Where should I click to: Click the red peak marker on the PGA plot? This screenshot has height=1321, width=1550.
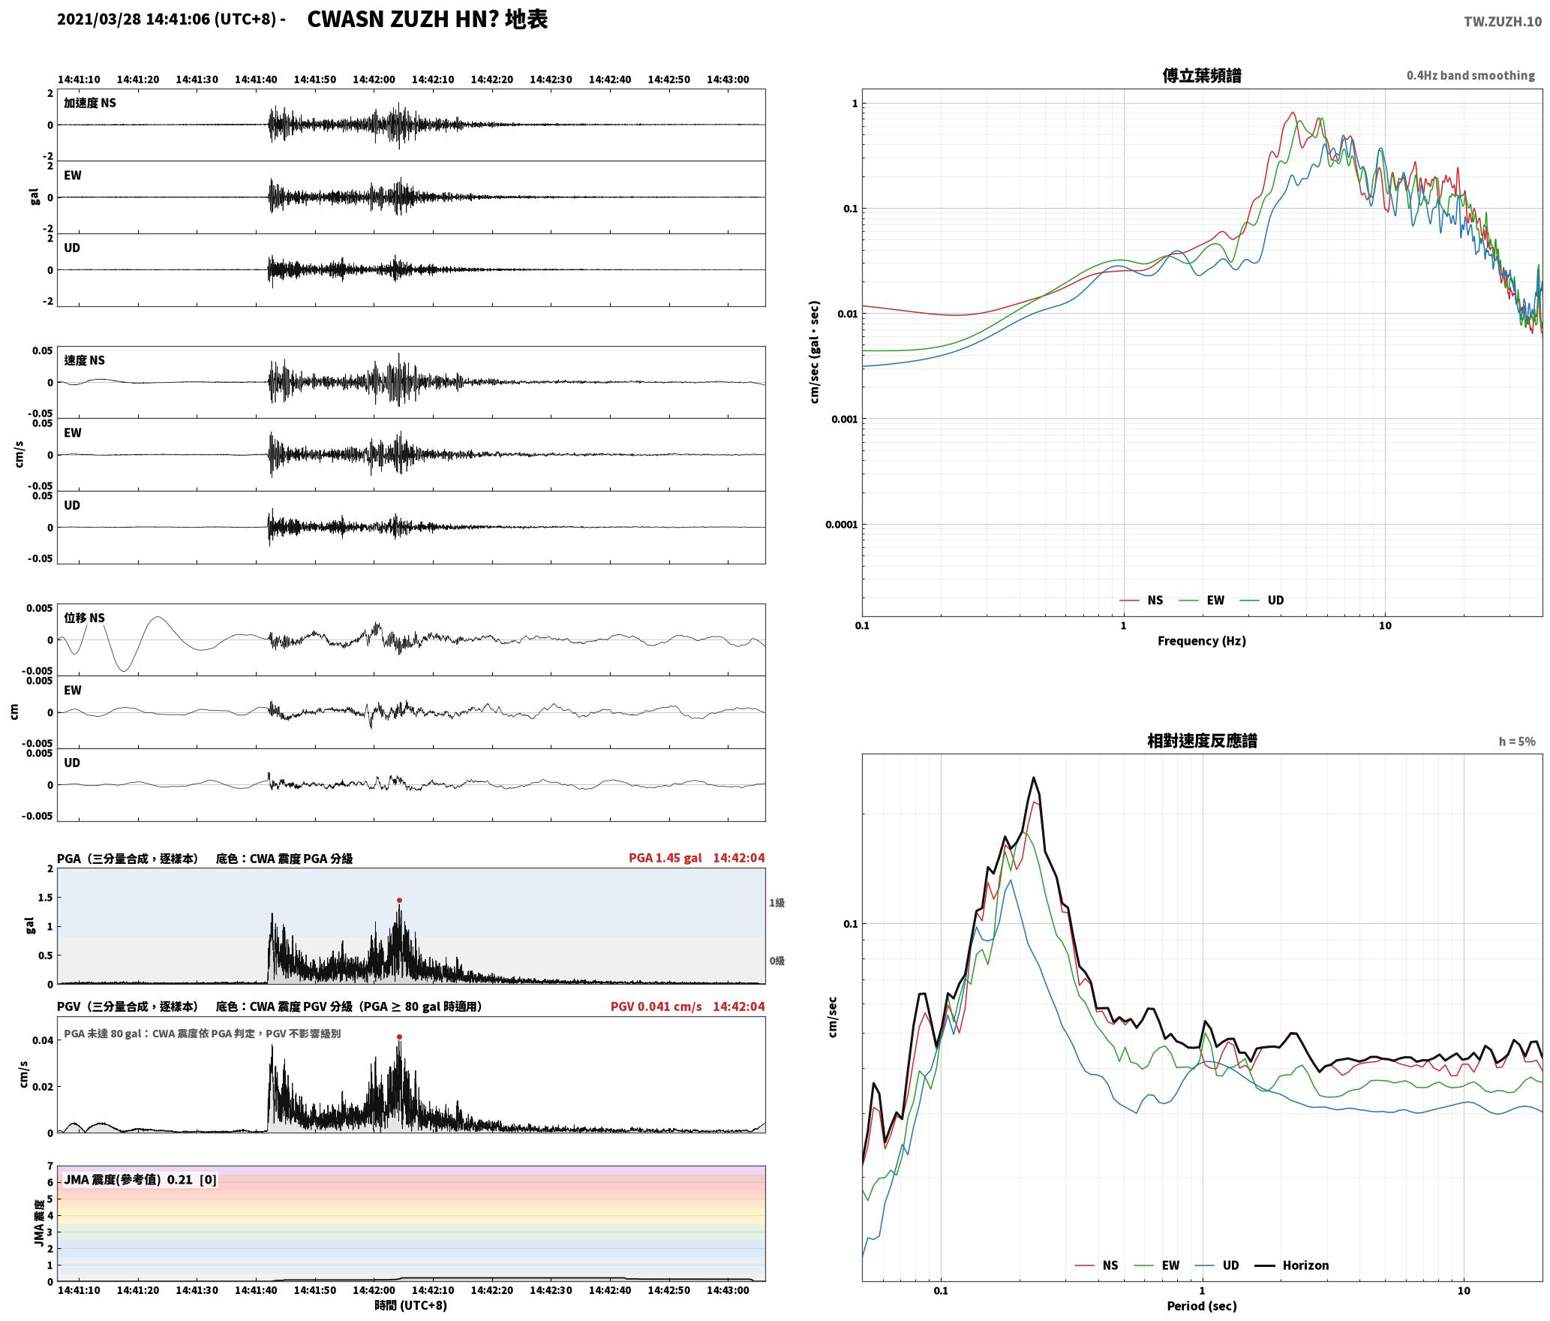coord(399,900)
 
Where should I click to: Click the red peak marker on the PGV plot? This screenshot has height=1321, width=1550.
coord(399,1037)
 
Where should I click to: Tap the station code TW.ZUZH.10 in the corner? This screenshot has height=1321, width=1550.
coord(1503,21)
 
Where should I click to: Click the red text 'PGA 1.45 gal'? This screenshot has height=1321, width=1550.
coord(665,858)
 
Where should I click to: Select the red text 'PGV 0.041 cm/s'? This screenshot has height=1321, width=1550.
coord(656,1007)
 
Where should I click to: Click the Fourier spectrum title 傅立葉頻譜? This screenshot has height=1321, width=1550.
coord(1202,75)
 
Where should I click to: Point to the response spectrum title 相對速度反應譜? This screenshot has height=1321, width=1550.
coord(1202,741)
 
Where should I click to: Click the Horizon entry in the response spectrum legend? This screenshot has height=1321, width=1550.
coord(1292,1265)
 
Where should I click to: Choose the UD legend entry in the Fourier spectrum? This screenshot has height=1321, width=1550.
coord(1262,600)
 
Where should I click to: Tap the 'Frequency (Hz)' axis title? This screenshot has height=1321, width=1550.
coord(1202,640)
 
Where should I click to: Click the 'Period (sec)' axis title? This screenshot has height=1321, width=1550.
coord(1202,1306)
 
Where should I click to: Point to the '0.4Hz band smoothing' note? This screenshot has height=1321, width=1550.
coord(1470,75)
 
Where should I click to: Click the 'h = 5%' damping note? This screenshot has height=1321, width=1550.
coord(1517,742)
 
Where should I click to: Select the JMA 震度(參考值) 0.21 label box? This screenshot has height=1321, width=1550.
coord(140,1180)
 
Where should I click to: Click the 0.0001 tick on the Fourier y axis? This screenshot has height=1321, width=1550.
coord(841,524)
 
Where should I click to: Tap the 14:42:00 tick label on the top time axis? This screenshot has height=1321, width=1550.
coord(374,80)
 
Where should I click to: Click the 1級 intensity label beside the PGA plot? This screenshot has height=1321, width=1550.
coord(777,903)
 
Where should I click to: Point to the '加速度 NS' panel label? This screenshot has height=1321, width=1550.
coord(90,103)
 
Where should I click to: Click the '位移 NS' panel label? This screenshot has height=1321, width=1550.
coord(85,618)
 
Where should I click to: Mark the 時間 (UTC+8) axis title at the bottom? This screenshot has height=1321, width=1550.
coord(411,1305)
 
